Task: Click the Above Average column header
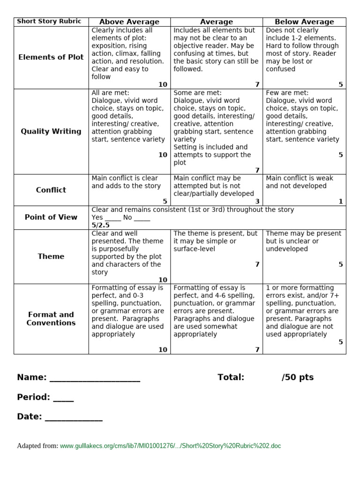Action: coord(129,22)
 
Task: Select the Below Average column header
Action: coord(304,22)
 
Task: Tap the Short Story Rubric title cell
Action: coord(49,22)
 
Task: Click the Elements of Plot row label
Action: coord(51,57)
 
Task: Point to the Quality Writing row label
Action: coord(51,132)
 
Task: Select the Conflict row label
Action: coord(51,190)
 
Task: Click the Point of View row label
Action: coord(51,217)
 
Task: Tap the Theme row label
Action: coord(51,256)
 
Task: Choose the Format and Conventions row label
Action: coord(51,319)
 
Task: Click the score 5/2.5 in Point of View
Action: coord(101,225)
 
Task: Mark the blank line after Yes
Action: coord(113,219)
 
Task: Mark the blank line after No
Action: coord(142,219)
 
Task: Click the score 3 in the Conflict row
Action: coord(257,202)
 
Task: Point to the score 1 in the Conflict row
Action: coord(341,202)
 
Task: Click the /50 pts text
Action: coord(298,378)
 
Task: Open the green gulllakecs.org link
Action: coord(170,446)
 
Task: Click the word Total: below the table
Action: coord(231,378)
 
